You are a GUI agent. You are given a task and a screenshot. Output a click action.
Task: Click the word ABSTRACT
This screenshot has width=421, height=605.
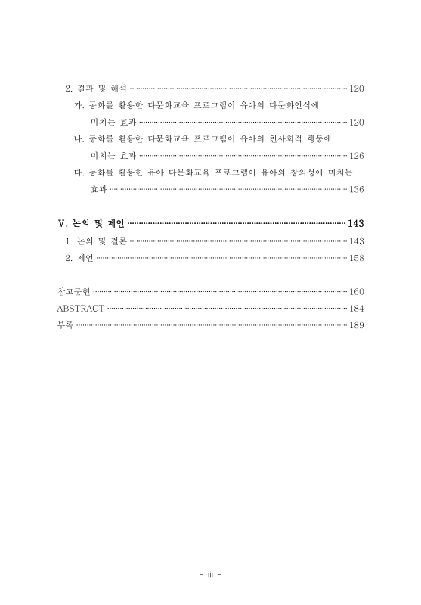80,309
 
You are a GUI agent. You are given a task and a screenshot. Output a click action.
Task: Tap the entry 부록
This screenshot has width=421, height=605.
65,325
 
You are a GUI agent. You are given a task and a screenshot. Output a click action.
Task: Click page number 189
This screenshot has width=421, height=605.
357,325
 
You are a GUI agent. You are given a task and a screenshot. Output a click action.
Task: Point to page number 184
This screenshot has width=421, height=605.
357,309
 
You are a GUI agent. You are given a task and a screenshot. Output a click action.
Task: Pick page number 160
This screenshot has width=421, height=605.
357,291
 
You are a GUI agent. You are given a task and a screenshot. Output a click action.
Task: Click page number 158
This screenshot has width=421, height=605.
357,258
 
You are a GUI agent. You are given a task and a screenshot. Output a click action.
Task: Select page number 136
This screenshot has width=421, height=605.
357,189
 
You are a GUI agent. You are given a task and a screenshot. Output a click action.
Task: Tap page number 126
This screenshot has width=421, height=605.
357,156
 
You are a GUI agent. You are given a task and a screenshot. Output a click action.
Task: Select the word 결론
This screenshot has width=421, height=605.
116,241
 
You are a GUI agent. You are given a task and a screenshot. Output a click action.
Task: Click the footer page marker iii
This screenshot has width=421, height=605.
210,574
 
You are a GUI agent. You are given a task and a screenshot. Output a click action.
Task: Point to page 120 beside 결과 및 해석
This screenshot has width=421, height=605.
357,88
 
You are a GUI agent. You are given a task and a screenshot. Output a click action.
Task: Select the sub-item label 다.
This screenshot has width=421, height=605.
78,172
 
